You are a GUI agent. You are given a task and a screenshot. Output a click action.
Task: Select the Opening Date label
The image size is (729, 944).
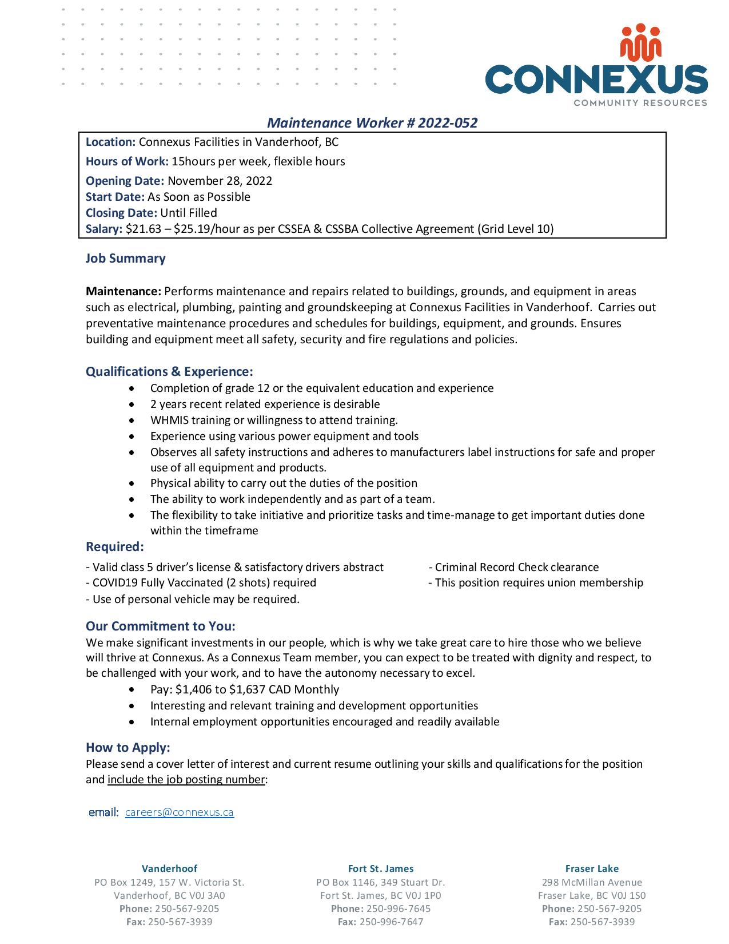click(x=125, y=181)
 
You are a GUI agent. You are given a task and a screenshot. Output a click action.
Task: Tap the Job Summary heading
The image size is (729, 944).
click(x=125, y=259)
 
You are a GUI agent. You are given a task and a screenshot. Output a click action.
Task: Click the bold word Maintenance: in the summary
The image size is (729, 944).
click(x=124, y=292)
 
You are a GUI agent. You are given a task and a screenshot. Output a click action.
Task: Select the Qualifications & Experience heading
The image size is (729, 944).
click(x=169, y=372)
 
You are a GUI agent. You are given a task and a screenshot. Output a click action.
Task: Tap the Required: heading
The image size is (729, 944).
click(x=114, y=547)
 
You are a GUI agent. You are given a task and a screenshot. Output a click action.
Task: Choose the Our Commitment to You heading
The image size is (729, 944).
click(x=160, y=626)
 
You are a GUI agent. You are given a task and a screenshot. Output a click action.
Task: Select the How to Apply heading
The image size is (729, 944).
click(x=128, y=748)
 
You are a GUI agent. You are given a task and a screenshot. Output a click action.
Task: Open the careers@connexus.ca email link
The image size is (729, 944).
click(x=179, y=812)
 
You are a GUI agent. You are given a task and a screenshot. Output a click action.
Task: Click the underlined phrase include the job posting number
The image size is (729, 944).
click(x=186, y=780)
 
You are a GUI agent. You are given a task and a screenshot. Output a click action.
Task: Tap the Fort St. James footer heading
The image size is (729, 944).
click(x=381, y=868)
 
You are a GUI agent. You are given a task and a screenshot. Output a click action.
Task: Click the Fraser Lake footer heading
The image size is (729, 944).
click(x=592, y=868)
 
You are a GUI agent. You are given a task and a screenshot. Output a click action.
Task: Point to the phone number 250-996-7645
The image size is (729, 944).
click(x=398, y=909)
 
